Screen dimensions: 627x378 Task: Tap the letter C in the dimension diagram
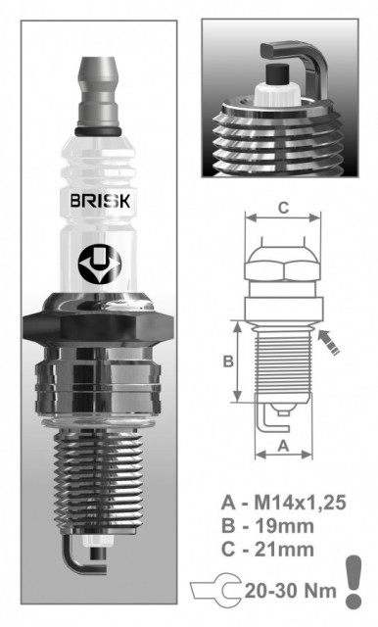(283, 207)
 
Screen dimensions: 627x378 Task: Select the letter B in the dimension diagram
(227, 362)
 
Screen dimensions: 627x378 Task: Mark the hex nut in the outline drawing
(282, 262)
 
